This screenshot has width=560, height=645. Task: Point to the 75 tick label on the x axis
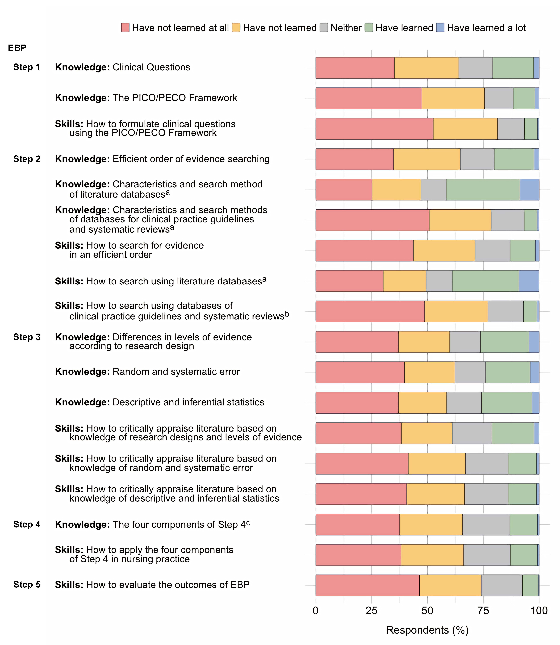tap(483, 610)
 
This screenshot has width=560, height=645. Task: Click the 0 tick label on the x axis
tap(316, 610)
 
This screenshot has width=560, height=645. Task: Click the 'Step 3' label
tap(27, 337)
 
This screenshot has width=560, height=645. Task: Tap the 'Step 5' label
tap(27, 584)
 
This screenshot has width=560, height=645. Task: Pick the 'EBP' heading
tap(17, 48)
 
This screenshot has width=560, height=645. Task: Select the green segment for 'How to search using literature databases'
tap(485, 281)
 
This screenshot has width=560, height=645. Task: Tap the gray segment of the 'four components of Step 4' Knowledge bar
tap(486, 524)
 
